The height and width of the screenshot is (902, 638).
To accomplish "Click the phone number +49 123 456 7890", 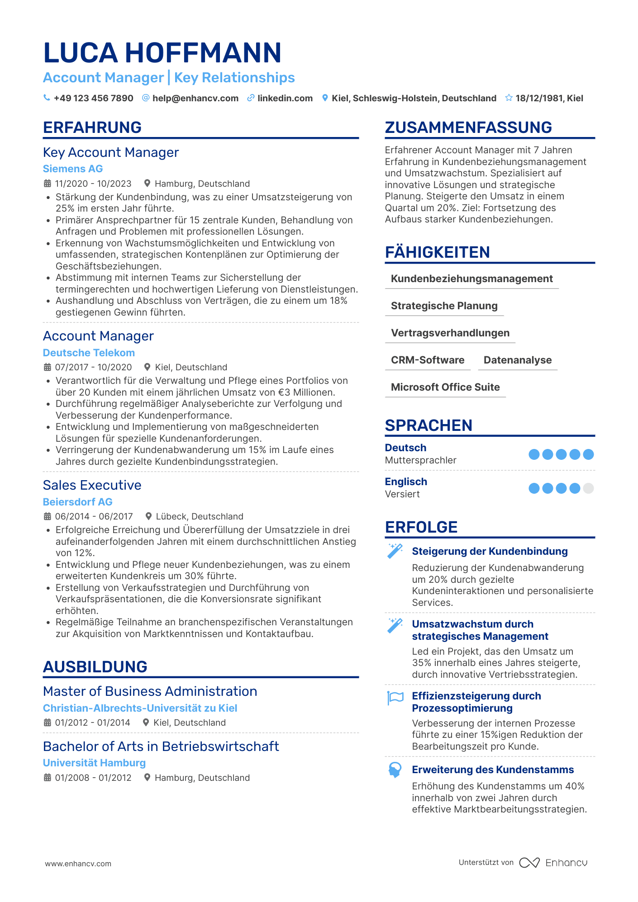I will pos(93,98).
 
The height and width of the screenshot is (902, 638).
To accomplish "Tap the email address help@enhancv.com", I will pos(195,98).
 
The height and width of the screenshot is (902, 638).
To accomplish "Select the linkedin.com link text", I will pos(285,98).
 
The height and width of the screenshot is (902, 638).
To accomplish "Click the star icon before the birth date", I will pos(509,98).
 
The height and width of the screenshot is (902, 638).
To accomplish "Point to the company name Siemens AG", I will pos(73,169).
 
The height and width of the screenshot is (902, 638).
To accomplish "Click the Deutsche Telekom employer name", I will pos(89,353).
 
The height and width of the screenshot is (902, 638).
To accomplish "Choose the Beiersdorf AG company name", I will pos(77,502).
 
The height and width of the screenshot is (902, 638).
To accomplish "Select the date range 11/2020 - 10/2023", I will pos(93,184).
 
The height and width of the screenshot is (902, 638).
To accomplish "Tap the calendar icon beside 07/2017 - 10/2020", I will pos(48,367).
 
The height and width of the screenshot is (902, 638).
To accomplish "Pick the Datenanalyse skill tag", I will pos(517,360).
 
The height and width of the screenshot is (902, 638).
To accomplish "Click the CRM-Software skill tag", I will pos(428,360).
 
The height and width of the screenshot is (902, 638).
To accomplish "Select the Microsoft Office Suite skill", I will pos(445,387).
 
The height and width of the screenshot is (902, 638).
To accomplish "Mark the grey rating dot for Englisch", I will pos(588,488).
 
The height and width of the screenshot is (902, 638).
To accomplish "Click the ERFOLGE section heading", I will pos(421,527).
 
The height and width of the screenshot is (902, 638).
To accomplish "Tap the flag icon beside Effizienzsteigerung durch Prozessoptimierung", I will pos(395,698).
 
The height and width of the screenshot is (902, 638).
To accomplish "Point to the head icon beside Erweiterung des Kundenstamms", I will pos(395,770).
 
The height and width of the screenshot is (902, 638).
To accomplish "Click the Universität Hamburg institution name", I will pos(94,763).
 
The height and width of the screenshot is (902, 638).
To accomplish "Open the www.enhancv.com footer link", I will pos(78,864).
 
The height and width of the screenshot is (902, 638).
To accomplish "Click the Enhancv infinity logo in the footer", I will pos(529,863).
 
